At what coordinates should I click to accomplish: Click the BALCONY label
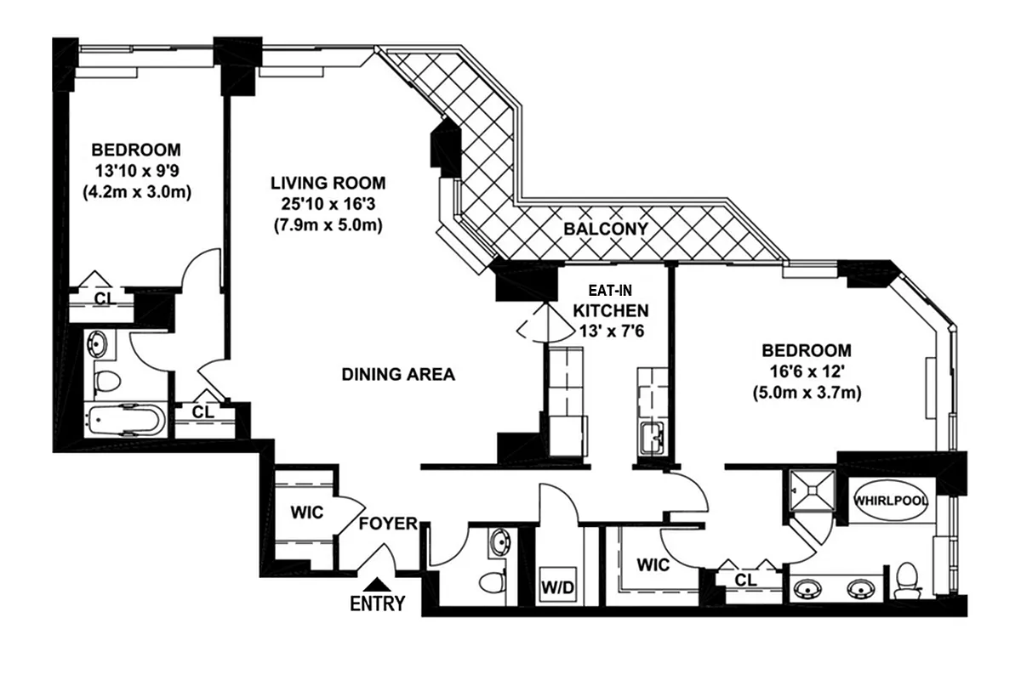coord(606,229)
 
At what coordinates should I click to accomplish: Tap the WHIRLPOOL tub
coord(891,501)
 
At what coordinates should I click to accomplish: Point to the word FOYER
coord(387,524)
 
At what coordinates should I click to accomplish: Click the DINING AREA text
coord(398,374)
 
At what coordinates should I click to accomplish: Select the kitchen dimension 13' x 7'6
coord(610,331)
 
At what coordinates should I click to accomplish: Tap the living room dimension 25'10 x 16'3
coord(328,204)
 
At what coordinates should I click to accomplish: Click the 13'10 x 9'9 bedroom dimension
coord(136,171)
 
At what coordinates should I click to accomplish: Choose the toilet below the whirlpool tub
coord(906,580)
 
